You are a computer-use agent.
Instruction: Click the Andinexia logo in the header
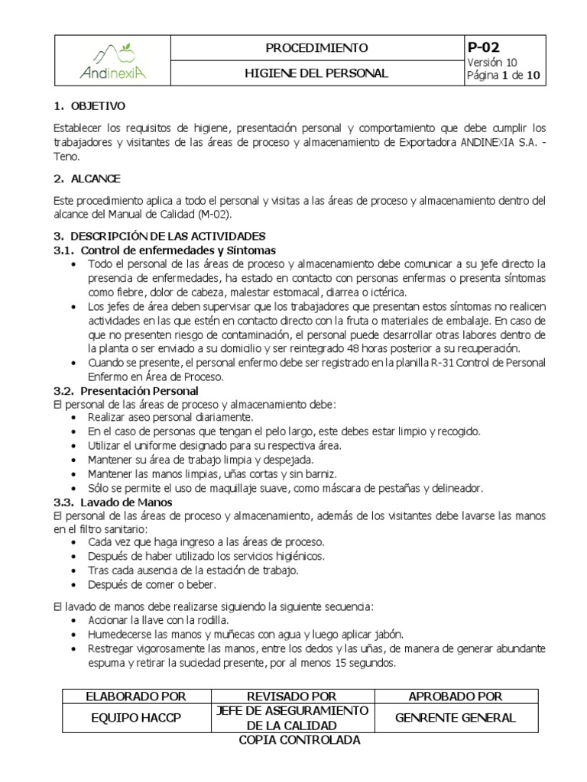point(113,61)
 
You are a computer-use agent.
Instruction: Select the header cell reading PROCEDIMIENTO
point(316,48)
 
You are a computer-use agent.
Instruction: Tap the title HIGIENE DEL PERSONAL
point(316,74)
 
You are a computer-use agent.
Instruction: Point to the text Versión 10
point(491,63)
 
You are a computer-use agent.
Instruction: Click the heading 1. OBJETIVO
point(89,106)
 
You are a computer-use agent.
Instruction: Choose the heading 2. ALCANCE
point(87,179)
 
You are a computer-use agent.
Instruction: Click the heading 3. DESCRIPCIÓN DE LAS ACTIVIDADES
point(159,237)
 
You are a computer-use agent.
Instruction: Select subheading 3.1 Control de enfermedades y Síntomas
point(164,250)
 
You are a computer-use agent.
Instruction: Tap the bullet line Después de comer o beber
point(152,585)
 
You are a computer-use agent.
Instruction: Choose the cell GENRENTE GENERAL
point(456,718)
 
